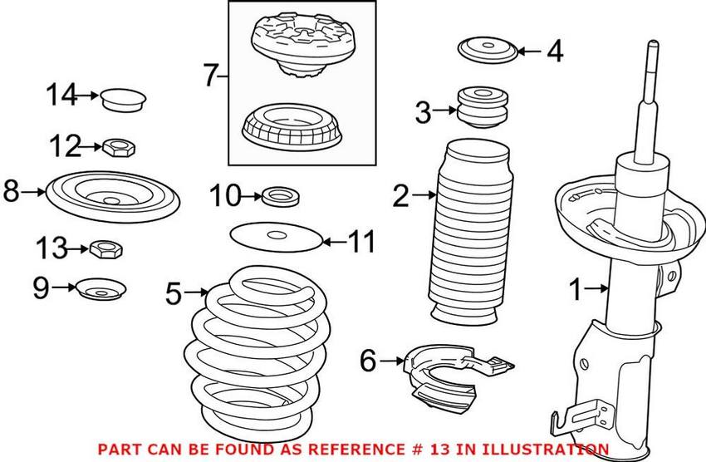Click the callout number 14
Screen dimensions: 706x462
tap(61, 95)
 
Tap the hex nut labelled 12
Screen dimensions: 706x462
tap(120, 147)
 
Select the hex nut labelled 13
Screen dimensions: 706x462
tap(106, 248)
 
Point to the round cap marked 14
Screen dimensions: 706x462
tap(122, 100)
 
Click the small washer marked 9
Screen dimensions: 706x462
tap(101, 288)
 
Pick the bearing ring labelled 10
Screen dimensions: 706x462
tap(280, 196)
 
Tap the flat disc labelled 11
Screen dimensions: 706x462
tap(277, 237)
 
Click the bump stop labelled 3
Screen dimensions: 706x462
tap(483, 108)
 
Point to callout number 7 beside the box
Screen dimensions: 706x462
tap(211, 75)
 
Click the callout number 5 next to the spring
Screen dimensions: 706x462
tap(174, 293)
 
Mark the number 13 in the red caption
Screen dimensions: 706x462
tap(440, 450)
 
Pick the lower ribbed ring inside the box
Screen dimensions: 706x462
tap(292, 127)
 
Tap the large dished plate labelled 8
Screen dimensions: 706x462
tap(113, 197)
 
